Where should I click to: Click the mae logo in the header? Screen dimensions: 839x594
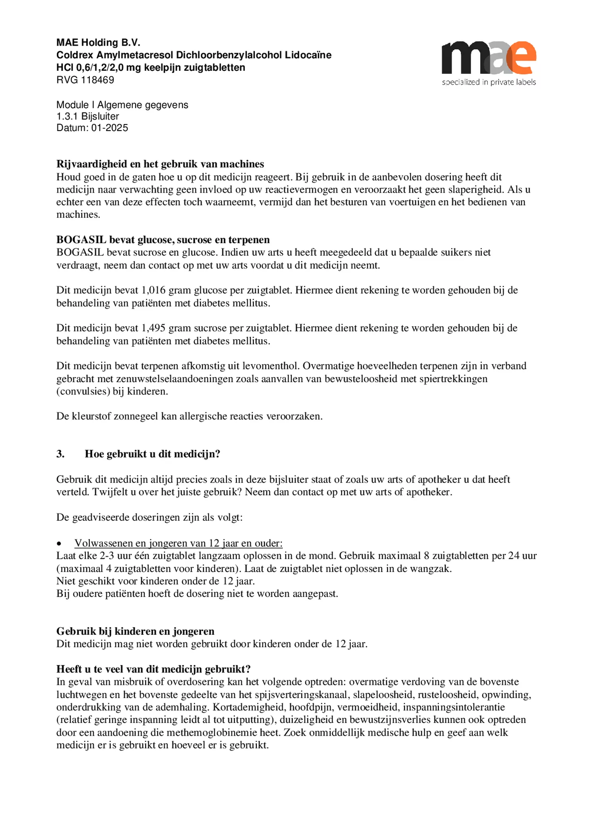tap(489, 58)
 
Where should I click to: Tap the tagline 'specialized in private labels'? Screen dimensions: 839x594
tap(489, 82)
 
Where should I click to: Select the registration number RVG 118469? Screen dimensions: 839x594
tap(85, 80)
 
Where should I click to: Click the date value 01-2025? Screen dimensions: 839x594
tap(110, 128)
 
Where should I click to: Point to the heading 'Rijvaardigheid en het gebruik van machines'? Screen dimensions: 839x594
tap(160, 164)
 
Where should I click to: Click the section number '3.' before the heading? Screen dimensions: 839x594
tap(60, 454)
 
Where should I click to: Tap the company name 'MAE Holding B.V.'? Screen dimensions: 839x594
tap(98, 43)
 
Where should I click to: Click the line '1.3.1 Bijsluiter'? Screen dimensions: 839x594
tap(87, 116)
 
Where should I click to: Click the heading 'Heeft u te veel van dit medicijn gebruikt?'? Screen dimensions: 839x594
tap(153, 669)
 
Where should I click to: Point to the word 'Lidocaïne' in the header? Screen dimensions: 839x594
tap(308, 55)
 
